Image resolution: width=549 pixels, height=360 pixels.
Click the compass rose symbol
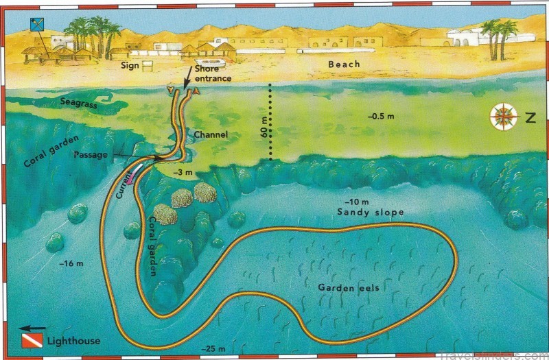tap(504, 117)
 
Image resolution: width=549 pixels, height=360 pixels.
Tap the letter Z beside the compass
tap(529, 118)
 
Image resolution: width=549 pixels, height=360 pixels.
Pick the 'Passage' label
tap(91, 155)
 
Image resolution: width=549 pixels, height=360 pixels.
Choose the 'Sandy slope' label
tap(370, 213)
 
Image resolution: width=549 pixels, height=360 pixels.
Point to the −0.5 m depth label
tap(380, 117)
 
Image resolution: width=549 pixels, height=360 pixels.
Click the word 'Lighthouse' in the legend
tap(73, 341)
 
